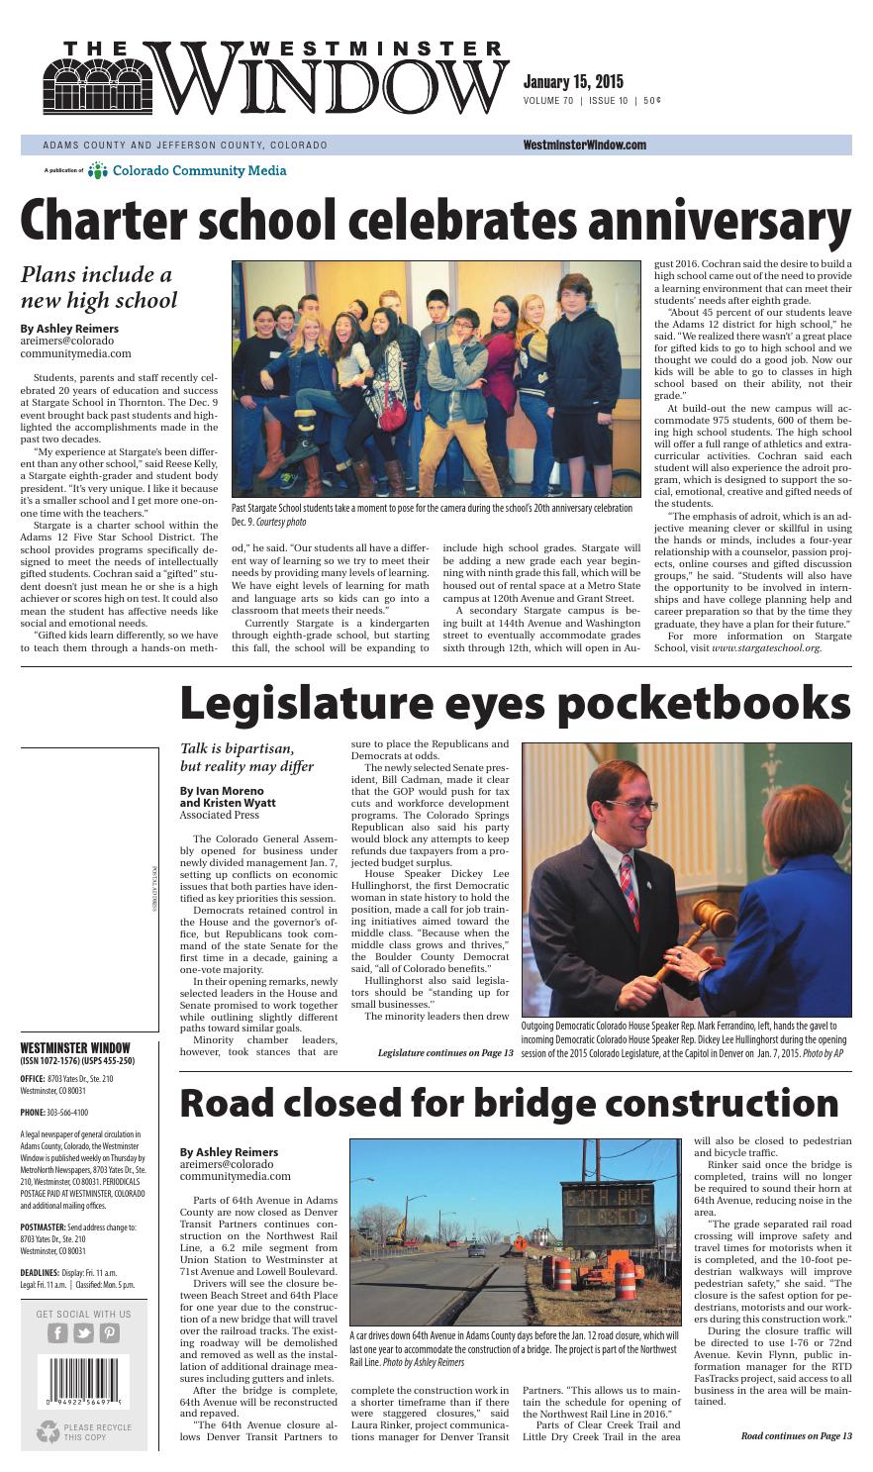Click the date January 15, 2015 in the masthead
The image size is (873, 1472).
(571, 82)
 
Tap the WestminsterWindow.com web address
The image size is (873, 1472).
(584, 145)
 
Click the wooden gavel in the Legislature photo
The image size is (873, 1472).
(708, 925)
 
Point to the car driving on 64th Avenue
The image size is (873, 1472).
(476, 1250)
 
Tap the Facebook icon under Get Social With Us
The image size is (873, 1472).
(58, 1332)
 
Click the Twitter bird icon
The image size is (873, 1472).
(83, 1332)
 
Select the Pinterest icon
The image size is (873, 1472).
(108, 1332)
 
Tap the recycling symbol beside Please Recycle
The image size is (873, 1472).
(48, 1431)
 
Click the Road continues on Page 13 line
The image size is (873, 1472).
(796, 1435)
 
